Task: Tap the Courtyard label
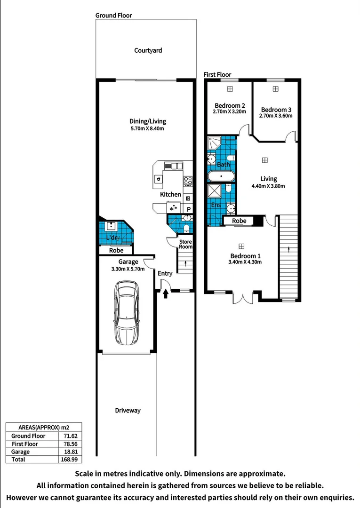point(148,50)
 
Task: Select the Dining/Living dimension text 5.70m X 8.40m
point(148,128)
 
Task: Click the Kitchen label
point(170,194)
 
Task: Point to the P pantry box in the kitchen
point(189,209)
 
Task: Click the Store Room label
point(186,244)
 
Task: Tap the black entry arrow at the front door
point(166,294)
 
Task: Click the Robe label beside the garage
point(116,251)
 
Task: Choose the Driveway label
point(128,411)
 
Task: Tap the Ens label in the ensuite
point(216,206)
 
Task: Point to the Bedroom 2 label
point(230,105)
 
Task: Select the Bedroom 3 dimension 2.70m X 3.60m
point(276,116)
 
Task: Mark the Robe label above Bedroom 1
point(239,221)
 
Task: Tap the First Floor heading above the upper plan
point(217,75)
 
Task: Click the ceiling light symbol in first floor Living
point(265,160)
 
